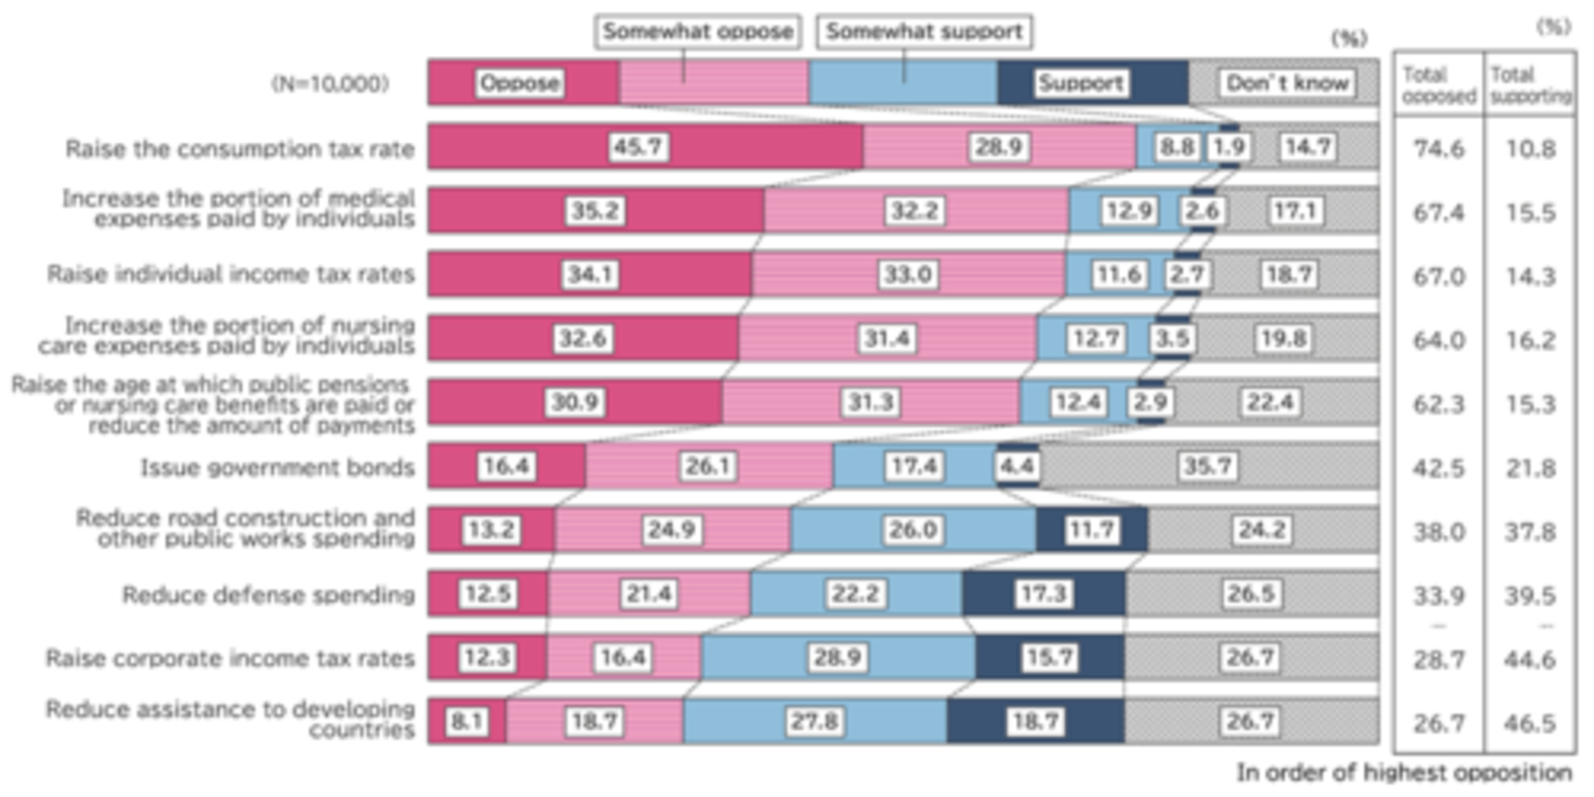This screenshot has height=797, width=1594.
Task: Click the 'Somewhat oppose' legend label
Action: tap(697, 32)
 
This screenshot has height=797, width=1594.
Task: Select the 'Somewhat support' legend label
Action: tap(924, 32)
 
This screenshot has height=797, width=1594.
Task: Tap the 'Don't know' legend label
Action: tap(1286, 83)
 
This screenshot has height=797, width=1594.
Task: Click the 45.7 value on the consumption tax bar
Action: tap(637, 147)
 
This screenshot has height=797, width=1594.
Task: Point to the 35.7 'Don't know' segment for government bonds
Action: tap(1208, 466)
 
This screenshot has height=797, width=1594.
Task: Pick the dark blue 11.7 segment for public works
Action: tap(1091, 530)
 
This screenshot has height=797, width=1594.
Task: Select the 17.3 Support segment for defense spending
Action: tap(1043, 594)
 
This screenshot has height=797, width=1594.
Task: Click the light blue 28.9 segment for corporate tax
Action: tap(837, 658)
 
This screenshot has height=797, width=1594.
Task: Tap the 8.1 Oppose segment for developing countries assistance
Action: tap(466, 721)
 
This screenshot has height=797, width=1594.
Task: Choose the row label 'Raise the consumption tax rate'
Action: tap(240, 149)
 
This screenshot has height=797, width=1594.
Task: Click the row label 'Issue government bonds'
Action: tap(278, 467)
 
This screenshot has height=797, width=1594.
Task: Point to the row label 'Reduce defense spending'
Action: tap(268, 595)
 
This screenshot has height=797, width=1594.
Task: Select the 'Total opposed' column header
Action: tap(1439, 84)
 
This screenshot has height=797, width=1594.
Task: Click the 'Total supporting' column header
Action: tap(1531, 84)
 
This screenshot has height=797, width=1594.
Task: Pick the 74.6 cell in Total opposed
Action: tap(1438, 149)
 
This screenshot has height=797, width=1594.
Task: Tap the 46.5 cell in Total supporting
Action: tap(1530, 723)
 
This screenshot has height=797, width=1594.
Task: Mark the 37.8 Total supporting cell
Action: tap(1530, 532)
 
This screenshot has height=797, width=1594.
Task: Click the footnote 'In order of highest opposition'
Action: tap(1404, 773)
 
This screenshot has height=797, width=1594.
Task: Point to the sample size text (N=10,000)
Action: tap(330, 84)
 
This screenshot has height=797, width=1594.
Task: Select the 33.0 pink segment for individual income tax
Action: tap(907, 275)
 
